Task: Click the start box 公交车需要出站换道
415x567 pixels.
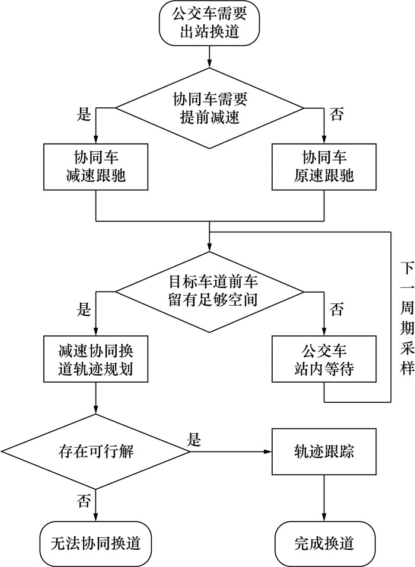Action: (x=209, y=23)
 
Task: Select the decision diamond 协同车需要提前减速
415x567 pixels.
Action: (x=209, y=108)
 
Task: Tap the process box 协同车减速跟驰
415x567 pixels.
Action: (x=95, y=167)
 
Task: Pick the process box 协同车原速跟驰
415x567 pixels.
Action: (x=324, y=167)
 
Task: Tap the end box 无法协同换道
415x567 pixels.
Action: (x=95, y=542)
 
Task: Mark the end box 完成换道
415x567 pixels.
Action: (x=324, y=542)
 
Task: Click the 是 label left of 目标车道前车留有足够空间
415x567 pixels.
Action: (x=84, y=309)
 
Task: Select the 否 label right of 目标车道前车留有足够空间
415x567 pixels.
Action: (x=337, y=309)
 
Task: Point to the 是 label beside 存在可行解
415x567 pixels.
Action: (x=194, y=440)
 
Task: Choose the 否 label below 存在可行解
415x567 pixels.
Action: (x=84, y=502)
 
